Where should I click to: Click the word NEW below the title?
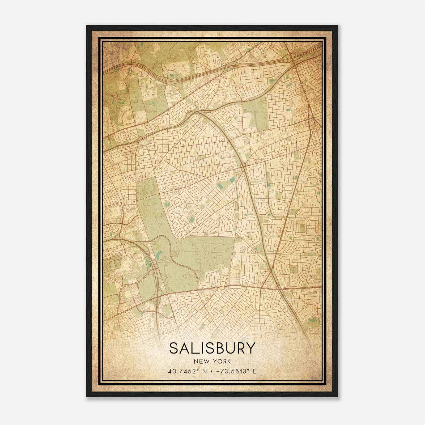(199, 362)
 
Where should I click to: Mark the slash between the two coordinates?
(211, 371)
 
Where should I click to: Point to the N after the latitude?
(204, 371)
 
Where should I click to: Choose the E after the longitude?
(254, 371)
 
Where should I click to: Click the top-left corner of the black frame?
(87, 26)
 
